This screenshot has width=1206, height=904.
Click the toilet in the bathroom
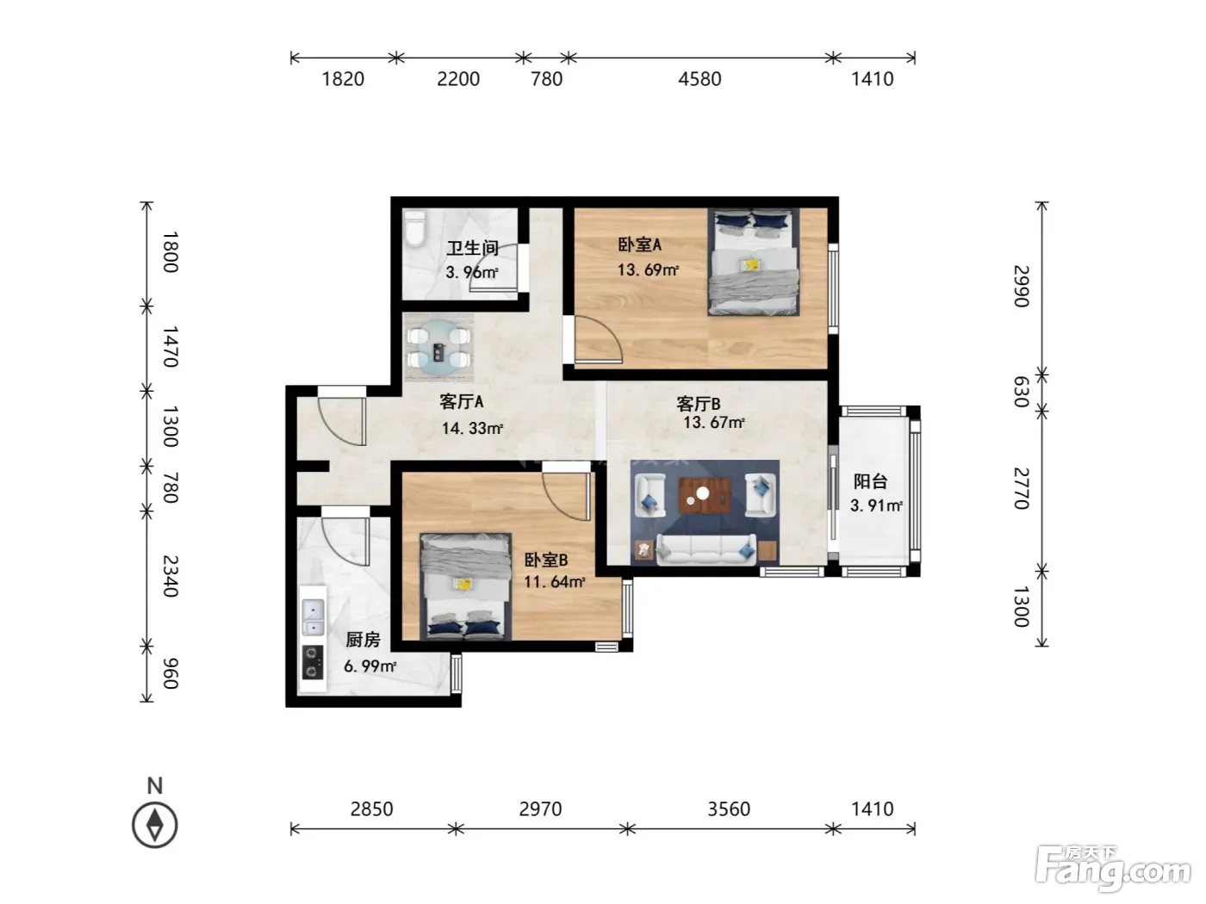click(x=414, y=229)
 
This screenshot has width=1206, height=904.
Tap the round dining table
click(x=438, y=348)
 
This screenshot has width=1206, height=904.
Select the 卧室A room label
click(x=639, y=245)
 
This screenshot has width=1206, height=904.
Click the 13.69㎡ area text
click(x=648, y=270)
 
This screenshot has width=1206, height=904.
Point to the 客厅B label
click(x=698, y=404)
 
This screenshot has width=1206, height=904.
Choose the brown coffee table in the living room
click(x=705, y=495)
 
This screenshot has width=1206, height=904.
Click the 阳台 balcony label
click(x=870, y=481)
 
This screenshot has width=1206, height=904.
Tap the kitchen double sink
click(x=314, y=617)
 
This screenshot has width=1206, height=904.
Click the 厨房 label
click(x=363, y=640)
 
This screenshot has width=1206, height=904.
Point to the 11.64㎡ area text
click(x=554, y=581)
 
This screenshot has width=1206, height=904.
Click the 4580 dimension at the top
click(x=699, y=79)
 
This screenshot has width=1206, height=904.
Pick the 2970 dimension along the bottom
click(x=541, y=808)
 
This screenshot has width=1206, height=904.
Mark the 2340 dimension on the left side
click(x=171, y=576)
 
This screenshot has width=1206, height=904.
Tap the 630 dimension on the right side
click(x=1021, y=392)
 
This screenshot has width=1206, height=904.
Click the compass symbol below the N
click(x=155, y=825)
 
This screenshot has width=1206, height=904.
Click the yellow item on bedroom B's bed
click(x=463, y=584)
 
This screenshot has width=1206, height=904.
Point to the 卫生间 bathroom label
click(x=472, y=248)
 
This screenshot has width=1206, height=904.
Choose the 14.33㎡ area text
click(x=473, y=428)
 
